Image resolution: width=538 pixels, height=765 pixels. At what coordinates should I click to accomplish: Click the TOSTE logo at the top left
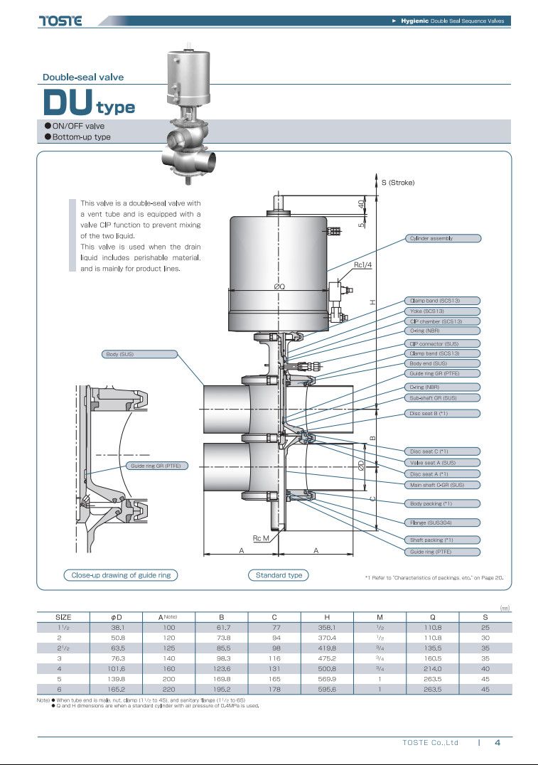[60, 21]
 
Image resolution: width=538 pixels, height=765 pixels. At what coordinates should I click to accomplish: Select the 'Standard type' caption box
[279, 575]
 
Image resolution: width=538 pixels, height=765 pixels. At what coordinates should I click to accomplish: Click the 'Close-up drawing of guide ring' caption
[120, 575]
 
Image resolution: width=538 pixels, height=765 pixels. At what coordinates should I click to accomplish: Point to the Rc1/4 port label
[363, 264]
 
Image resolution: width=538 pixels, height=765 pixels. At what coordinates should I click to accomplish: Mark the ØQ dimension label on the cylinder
[279, 287]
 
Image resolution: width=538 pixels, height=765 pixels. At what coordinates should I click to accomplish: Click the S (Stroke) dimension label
[398, 183]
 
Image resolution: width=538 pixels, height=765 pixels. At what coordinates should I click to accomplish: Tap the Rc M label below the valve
[261, 538]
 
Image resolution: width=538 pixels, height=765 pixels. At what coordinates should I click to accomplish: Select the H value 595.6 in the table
[327, 690]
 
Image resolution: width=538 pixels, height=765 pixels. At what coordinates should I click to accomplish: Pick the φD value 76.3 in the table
[117, 659]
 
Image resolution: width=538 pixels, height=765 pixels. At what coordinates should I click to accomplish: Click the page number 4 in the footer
[497, 743]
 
